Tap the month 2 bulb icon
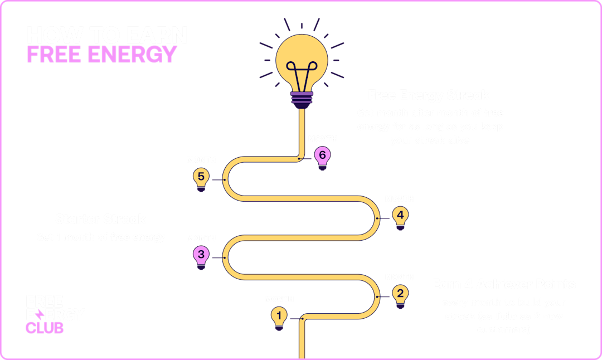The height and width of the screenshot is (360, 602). [400, 294]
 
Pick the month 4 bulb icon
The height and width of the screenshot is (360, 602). [400, 215]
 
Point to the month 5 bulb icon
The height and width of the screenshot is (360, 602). [201, 178]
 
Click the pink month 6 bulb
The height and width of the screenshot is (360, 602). [322, 155]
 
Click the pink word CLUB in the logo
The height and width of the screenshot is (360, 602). [45, 328]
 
